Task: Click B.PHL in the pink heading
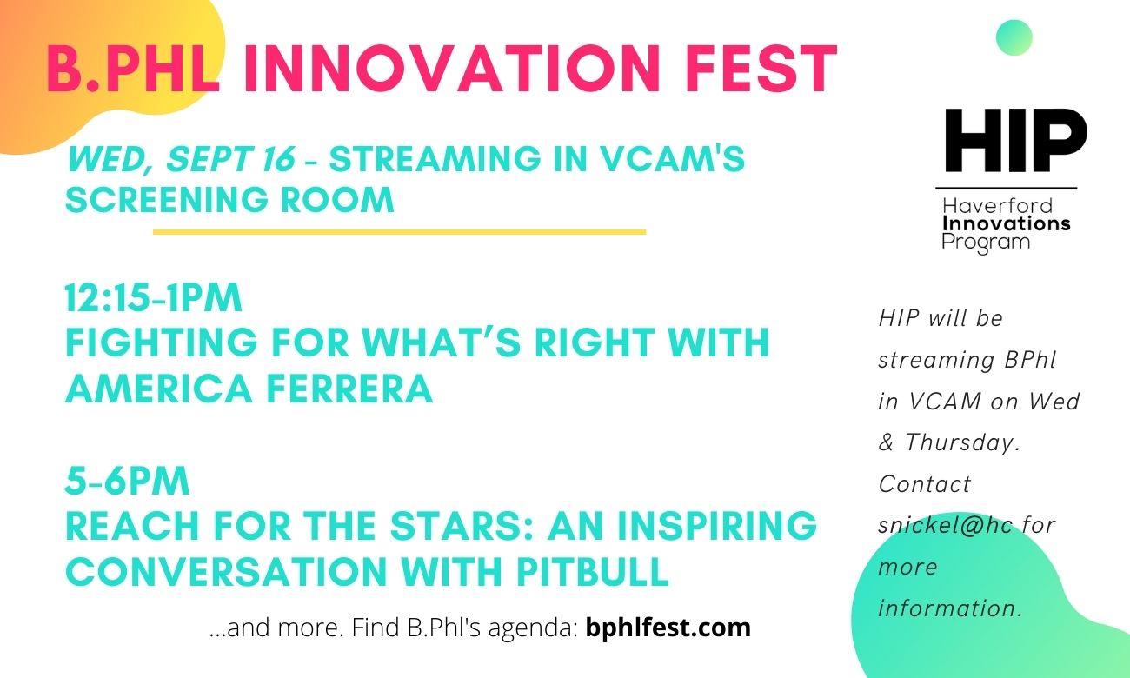(x=133, y=68)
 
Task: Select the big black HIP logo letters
(x=1015, y=140)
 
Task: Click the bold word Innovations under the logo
(x=1006, y=223)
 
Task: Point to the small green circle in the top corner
(x=1014, y=37)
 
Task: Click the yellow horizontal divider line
(x=400, y=232)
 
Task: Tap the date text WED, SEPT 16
(x=181, y=159)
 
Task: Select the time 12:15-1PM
(x=153, y=298)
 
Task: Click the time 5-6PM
(x=127, y=482)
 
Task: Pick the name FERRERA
(x=349, y=389)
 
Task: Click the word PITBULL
(x=593, y=572)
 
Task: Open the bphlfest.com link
(x=668, y=628)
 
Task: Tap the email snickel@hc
(x=946, y=526)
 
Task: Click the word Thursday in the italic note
(x=963, y=442)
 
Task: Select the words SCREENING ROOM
(x=229, y=199)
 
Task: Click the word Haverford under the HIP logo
(x=998, y=206)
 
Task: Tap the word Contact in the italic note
(x=925, y=484)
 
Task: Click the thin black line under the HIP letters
(x=1007, y=189)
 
